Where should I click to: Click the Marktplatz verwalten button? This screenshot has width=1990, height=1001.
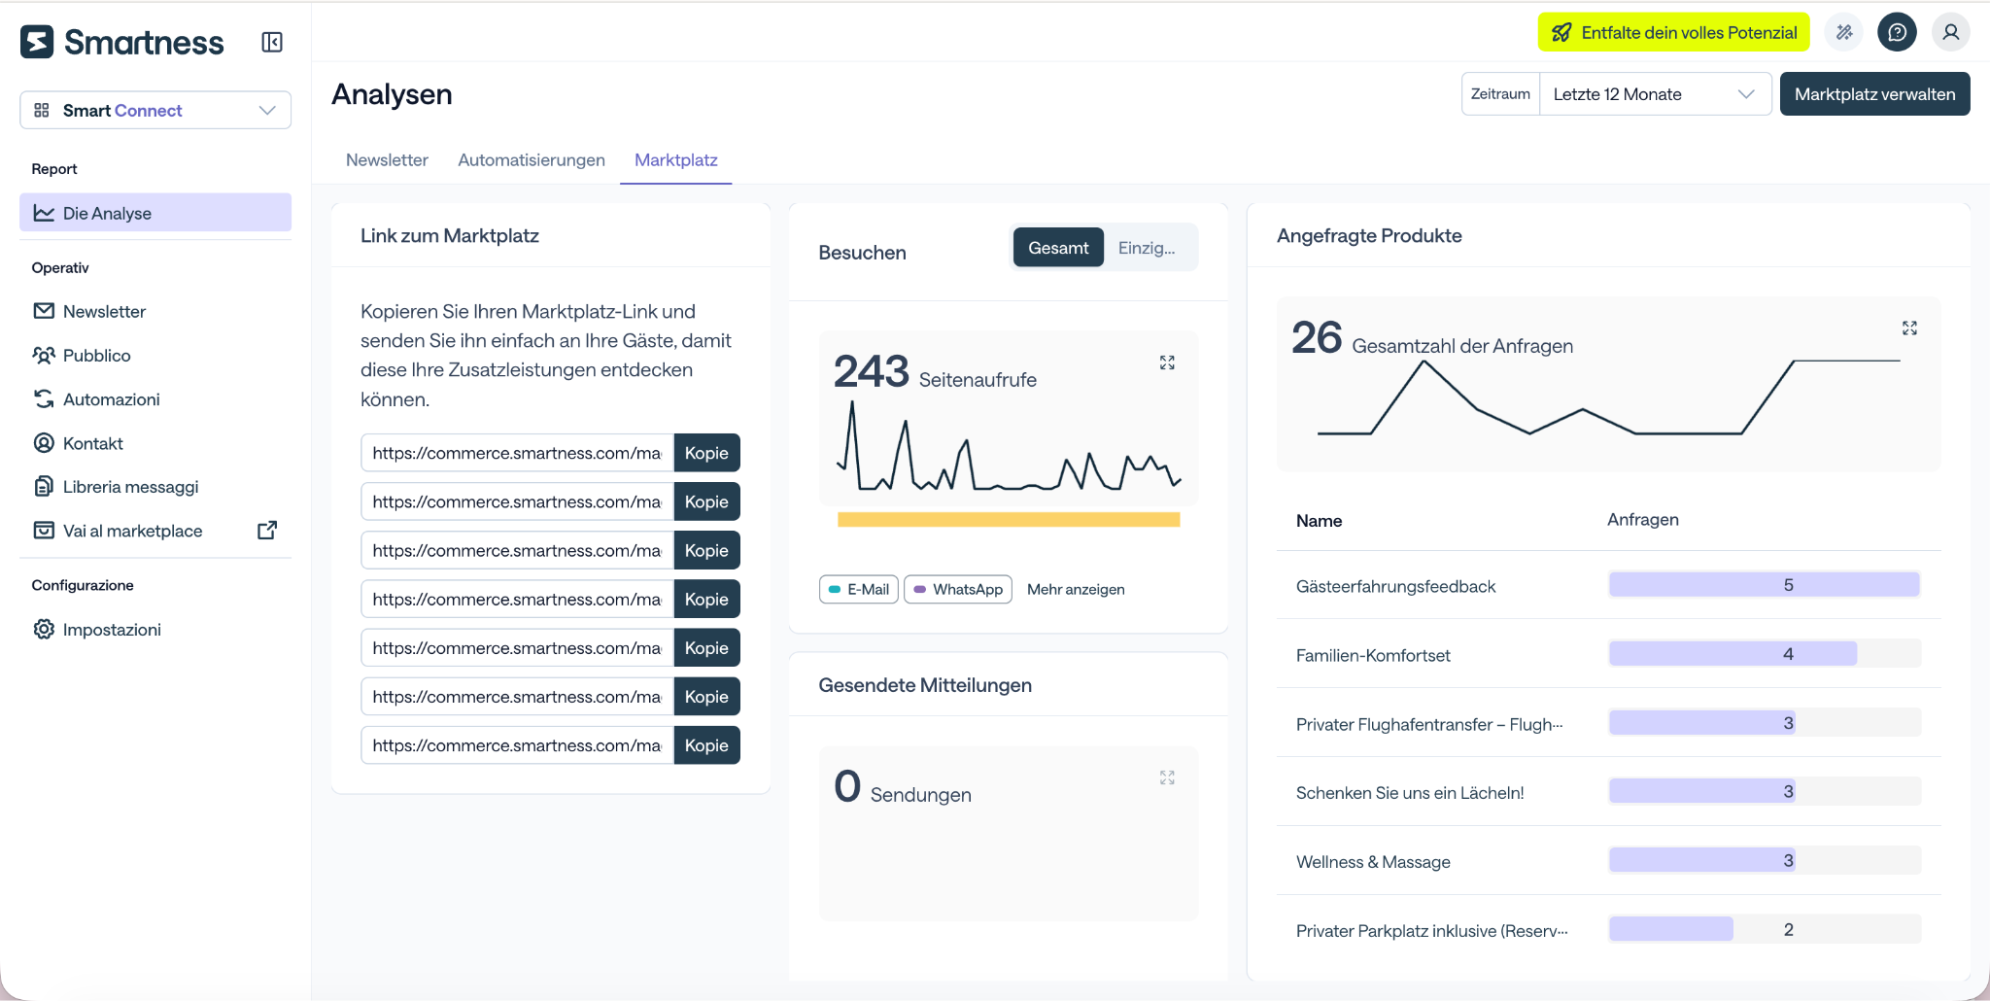1874,94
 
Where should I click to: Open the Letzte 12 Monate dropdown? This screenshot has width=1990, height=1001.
1655,94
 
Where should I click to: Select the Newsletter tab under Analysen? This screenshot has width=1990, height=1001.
387,160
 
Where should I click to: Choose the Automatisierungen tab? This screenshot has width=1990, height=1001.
532,160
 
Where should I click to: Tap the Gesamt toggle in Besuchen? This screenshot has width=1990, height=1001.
1058,248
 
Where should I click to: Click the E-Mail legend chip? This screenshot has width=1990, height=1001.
859,589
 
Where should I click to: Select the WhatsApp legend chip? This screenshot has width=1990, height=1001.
958,589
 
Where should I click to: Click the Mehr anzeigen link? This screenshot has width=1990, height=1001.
1076,589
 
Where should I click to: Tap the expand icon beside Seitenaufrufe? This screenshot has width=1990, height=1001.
1167,362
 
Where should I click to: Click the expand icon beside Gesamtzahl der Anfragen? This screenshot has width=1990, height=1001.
1909,328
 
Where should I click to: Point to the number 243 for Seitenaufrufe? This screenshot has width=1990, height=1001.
872,371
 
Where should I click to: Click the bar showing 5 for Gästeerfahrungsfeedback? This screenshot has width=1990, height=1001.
1765,585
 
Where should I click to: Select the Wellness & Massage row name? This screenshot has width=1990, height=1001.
1373,862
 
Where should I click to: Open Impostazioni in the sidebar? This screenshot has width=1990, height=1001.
112,630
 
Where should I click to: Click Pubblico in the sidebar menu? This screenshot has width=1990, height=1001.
96,356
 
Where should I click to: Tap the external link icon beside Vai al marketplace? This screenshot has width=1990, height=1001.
267,530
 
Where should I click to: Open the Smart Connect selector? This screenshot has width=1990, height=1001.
155,110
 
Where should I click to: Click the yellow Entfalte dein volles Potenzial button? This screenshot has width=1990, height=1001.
1674,32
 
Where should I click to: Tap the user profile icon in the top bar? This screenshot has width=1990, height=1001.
1950,32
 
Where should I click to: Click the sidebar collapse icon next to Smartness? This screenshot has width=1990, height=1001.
272,42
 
